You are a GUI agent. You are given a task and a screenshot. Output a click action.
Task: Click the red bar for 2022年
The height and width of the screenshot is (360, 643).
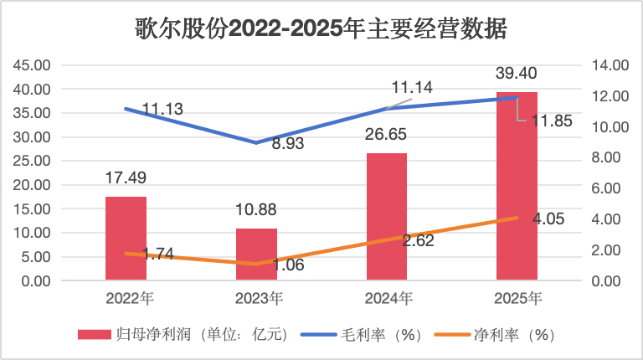[126, 239]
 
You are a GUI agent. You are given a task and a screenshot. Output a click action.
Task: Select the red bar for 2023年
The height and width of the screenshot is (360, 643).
[256, 254]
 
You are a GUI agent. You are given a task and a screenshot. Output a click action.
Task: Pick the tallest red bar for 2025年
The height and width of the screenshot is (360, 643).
[517, 186]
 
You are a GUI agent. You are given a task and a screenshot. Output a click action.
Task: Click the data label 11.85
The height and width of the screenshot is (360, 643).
[552, 121]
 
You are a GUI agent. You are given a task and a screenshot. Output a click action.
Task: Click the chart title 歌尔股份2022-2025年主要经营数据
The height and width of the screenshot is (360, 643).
[321, 29]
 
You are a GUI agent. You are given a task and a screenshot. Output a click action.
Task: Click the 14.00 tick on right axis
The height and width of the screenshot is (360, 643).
[609, 65]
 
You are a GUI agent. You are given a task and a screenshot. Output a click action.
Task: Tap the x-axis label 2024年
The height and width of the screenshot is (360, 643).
[388, 297]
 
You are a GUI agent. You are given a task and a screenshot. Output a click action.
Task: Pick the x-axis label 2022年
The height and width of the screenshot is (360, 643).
[126, 297]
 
